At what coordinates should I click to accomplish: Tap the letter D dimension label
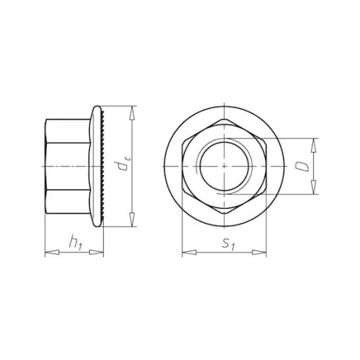[x=305, y=166]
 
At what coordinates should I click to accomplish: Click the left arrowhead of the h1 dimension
[x=48, y=253]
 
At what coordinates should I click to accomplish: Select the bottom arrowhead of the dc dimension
[x=132, y=225]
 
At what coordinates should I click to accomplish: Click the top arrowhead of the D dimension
[x=314, y=141]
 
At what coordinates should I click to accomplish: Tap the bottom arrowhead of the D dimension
[x=314, y=191]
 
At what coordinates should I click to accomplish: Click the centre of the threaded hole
[x=225, y=166]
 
